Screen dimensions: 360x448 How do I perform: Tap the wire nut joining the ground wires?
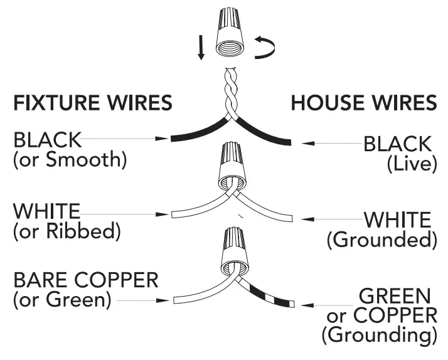coord(230,251)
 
